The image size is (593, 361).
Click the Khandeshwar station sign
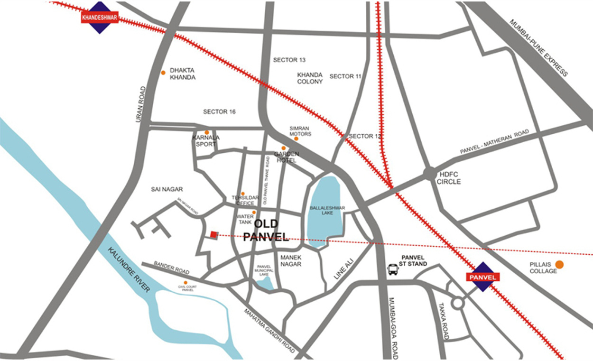[x=99, y=18]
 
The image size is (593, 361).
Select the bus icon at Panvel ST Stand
[x=393, y=269]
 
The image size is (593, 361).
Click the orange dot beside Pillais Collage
[x=560, y=265]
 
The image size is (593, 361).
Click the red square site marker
[x=214, y=234]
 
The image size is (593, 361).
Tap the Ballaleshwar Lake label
[x=327, y=210]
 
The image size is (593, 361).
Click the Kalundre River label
[x=129, y=269]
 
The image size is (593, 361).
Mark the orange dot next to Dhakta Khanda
[x=163, y=73]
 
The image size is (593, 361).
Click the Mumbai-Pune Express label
[x=538, y=47]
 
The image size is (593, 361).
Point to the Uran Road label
[x=140, y=104]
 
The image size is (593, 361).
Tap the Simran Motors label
[x=300, y=131]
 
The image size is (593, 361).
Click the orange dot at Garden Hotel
[x=284, y=148]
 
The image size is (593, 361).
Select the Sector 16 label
[x=219, y=112]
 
